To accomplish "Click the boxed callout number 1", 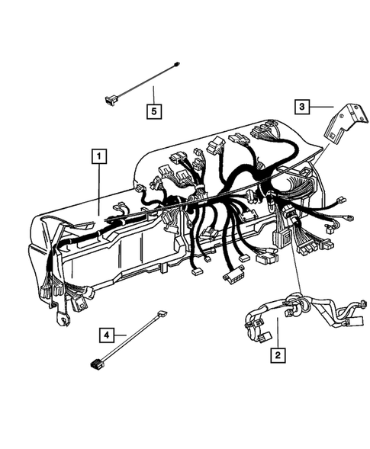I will pyautogui.click(x=98, y=156).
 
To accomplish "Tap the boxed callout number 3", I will pyautogui.click(x=303, y=107).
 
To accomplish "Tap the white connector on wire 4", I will pyautogui.click(x=162, y=314).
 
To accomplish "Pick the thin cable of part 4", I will pyautogui.click(x=130, y=339).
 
